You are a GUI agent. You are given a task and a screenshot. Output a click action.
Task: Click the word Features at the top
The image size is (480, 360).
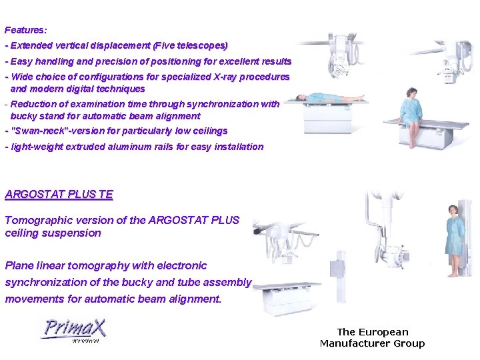pos(25,30)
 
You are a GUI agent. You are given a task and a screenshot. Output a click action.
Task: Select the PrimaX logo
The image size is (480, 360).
pos(74,330)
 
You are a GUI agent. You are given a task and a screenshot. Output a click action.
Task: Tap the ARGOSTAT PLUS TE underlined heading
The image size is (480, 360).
pos(59,195)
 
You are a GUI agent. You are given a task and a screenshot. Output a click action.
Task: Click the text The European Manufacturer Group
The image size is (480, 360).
pos(372,337)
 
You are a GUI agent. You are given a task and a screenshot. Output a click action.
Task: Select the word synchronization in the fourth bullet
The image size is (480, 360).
pos(222,104)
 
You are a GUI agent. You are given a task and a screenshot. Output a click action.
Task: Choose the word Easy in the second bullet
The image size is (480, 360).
pos(22,61)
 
